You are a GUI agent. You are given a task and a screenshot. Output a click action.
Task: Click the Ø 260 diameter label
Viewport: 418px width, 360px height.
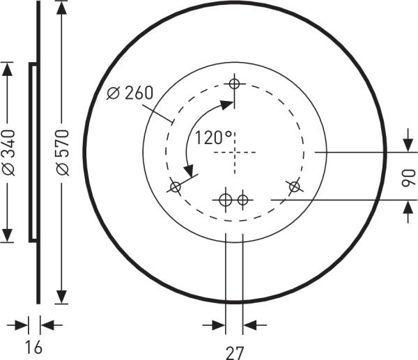pyautogui.click(x=130, y=93)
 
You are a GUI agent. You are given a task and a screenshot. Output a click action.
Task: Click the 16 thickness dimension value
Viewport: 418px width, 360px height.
pyautogui.click(x=33, y=347)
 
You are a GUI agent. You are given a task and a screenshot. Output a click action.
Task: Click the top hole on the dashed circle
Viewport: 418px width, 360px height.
pyautogui.click(x=235, y=84)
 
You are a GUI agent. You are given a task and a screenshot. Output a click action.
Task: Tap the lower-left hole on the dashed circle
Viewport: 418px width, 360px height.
pyautogui.click(x=176, y=187)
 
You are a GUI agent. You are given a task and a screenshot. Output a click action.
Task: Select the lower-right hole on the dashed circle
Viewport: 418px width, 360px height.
pyautogui.click(x=294, y=186)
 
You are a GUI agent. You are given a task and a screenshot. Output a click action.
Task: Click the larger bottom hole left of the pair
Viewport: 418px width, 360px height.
pyautogui.click(x=226, y=200)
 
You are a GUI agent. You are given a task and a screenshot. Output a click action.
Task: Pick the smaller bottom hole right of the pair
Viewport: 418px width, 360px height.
pyautogui.click(x=242, y=200)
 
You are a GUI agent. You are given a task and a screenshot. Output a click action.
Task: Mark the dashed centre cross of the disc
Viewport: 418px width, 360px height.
pyautogui.click(x=235, y=152)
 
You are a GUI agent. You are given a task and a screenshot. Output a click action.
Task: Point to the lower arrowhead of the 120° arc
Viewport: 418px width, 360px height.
pyautogui.click(x=187, y=169)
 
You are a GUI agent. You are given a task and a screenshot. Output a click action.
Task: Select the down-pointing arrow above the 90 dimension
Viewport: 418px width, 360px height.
pyautogui.click(x=408, y=145)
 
